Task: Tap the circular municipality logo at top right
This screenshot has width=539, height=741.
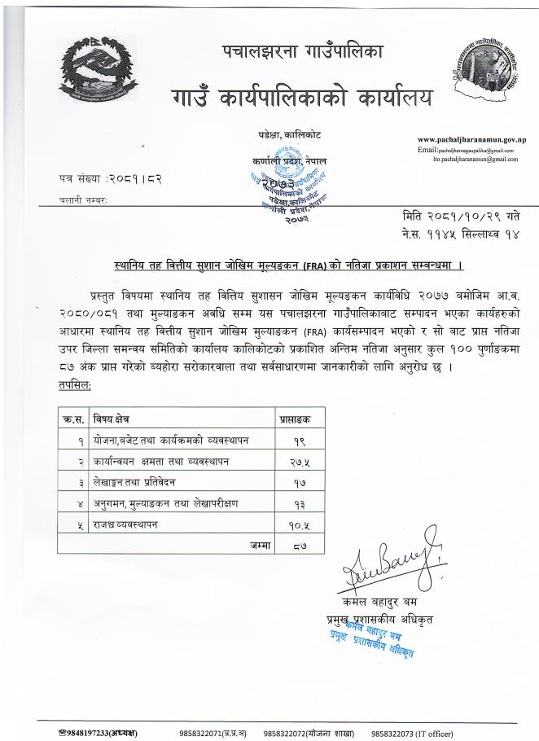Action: [x=480, y=77]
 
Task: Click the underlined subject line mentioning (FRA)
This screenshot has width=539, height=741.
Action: [x=288, y=265]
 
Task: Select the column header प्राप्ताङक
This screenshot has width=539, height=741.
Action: [x=296, y=418]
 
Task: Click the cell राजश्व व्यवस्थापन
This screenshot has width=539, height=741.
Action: [x=125, y=524]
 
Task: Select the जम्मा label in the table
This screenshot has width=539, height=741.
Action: [x=260, y=544]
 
